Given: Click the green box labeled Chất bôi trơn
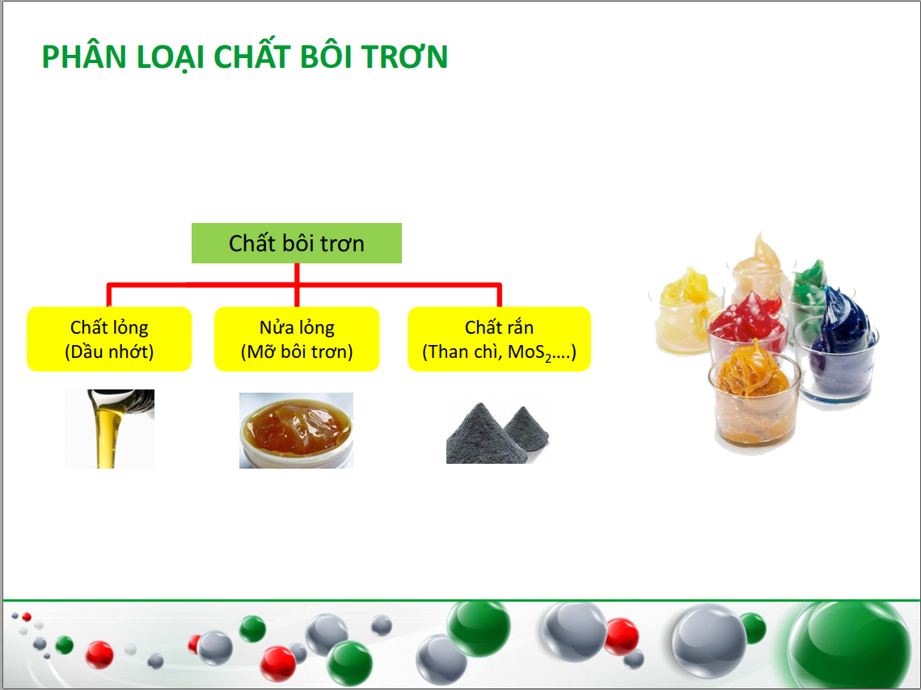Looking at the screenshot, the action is (x=297, y=243).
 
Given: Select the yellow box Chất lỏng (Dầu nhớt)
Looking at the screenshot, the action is (x=109, y=339).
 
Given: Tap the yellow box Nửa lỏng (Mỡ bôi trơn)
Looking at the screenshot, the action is (x=297, y=339).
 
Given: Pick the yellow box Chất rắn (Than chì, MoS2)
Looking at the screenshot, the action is (x=499, y=339).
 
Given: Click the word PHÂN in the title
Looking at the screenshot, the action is (x=84, y=57).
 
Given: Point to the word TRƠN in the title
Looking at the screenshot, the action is (x=404, y=57).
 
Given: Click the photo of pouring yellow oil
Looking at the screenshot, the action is (x=109, y=429).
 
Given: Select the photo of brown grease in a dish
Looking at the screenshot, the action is (x=296, y=431).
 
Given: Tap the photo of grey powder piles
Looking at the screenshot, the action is (x=497, y=432).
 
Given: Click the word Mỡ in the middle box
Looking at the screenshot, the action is (x=262, y=351).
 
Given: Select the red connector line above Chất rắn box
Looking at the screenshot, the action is (x=499, y=295).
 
